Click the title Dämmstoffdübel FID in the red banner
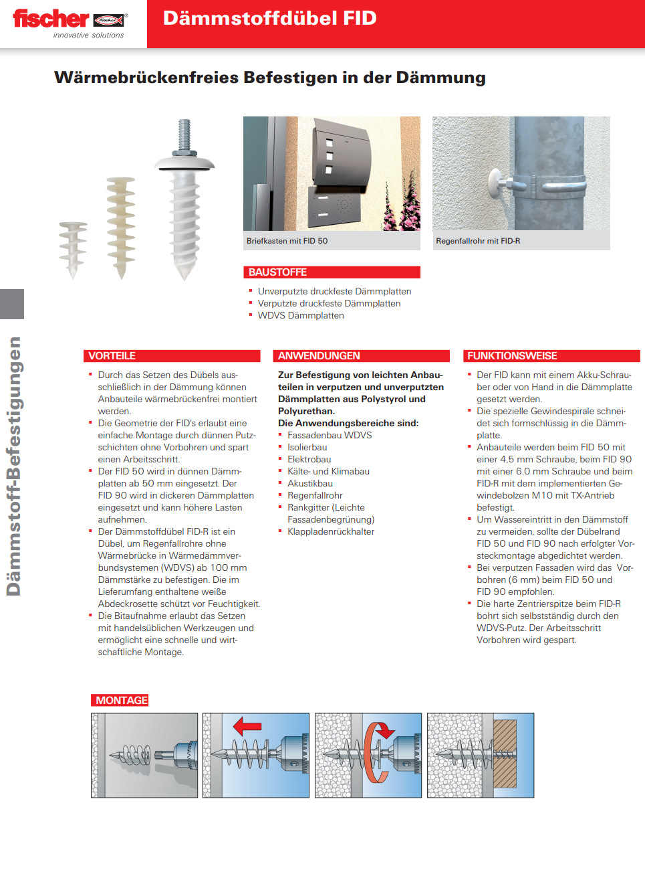point(269,18)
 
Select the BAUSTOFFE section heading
point(277,272)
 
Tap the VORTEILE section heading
point(112,356)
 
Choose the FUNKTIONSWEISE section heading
point(512,356)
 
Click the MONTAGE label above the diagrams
point(121,700)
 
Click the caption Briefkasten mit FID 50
point(287,241)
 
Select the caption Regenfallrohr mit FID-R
point(478,241)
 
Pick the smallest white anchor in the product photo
point(72,248)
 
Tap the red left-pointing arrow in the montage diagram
point(247,725)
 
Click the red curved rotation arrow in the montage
point(377,753)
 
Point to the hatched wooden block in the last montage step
point(505,753)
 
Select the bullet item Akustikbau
point(310,483)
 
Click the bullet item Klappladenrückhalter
point(331,531)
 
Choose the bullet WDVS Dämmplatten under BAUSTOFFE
point(301,315)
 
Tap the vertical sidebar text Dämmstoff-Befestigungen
point(14,466)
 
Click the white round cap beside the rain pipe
point(497,181)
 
